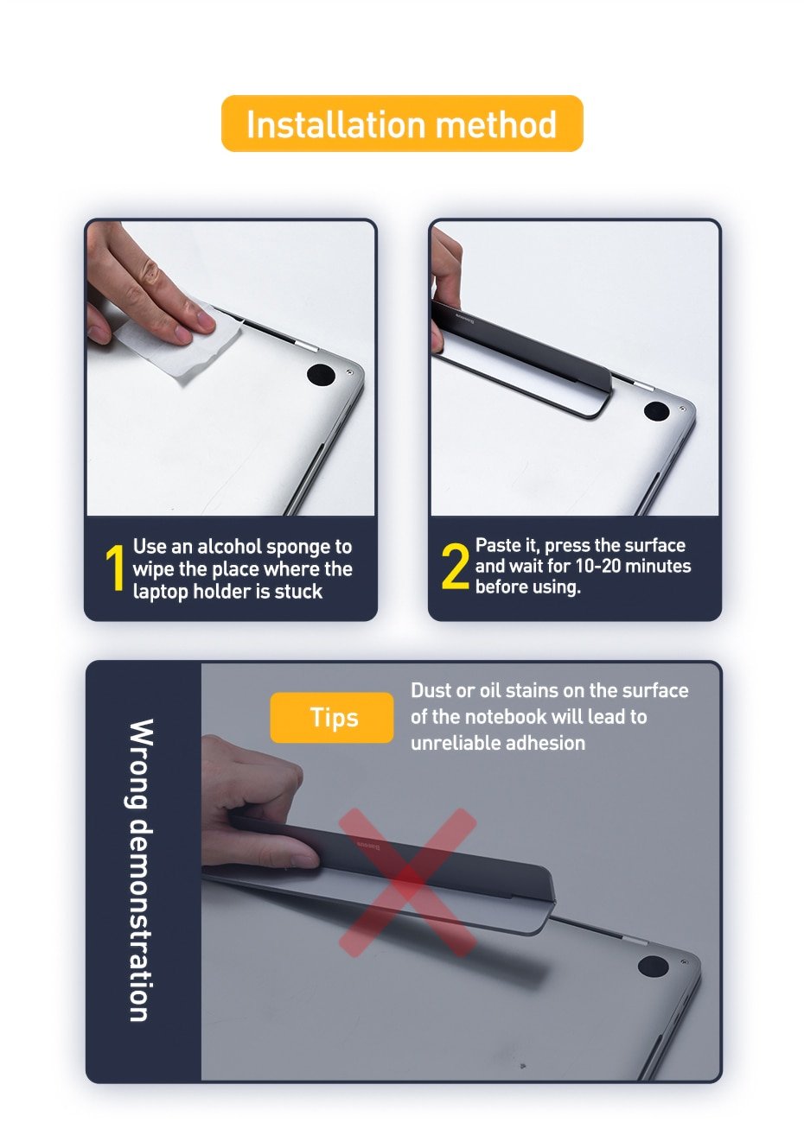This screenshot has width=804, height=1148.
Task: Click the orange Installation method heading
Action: (x=402, y=124)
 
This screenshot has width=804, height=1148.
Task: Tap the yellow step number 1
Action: (x=115, y=569)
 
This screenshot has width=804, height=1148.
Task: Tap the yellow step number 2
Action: (x=455, y=567)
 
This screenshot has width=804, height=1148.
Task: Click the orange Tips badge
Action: (x=333, y=717)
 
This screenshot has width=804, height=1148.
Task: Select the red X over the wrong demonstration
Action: (x=407, y=882)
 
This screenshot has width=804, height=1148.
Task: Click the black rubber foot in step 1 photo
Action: (x=321, y=375)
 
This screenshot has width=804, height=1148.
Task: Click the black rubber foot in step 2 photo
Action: (x=656, y=411)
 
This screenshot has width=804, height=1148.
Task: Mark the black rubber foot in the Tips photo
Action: (x=653, y=966)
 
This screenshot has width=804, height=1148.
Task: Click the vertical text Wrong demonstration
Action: (x=142, y=871)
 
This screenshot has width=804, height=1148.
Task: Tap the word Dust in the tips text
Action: (x=431, y=691)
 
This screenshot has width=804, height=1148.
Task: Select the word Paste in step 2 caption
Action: (x=498, y=546)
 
